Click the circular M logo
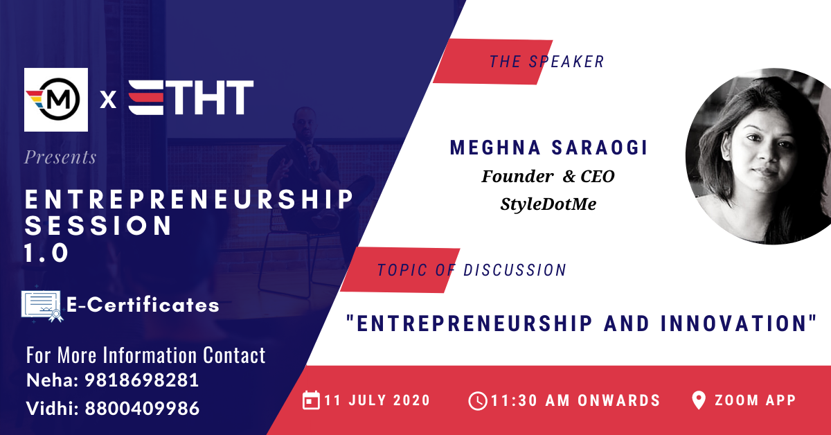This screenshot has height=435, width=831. click(56, 100)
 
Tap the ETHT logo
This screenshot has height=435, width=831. click(190, 98)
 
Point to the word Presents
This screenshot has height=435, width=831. click(60, 157)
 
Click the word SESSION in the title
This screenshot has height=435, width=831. click(98, 226)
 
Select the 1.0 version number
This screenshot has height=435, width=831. click(46, 253)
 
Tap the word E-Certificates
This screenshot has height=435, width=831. click(143, 305)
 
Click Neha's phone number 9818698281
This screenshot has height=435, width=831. click(142, 380)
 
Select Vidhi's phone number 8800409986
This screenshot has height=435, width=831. click(142, 408)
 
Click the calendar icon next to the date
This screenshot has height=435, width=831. click(311, 400)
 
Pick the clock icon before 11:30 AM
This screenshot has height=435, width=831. click(477, 401)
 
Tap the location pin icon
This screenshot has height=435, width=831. click(699, 400)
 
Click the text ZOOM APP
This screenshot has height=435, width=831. click(756, 400)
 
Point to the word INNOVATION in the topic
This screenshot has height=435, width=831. click(738, 323)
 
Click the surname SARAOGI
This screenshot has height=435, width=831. click(599, 148)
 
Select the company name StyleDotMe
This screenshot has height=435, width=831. click(548, 204)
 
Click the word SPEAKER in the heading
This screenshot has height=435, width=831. click(566, 62)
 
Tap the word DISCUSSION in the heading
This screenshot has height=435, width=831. click(515, 270)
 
